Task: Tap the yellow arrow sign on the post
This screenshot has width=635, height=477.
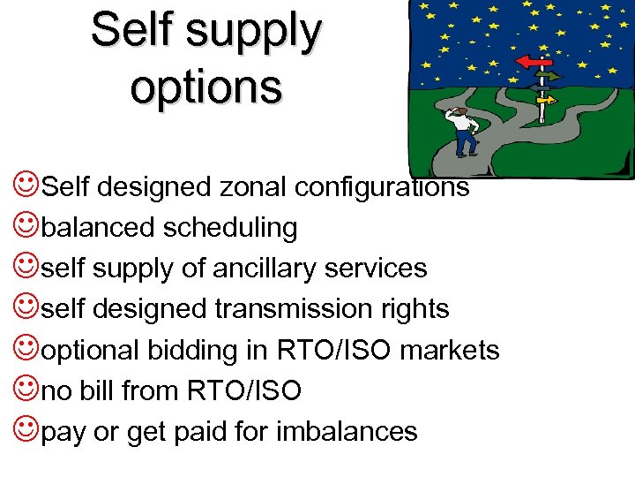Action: tap(546, 101)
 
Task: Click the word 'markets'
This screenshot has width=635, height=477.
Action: tap(450, 350)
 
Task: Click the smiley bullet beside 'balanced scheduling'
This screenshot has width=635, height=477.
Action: tap(26, 226)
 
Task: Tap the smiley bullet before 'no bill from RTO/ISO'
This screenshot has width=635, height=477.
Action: tap(26, 389)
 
